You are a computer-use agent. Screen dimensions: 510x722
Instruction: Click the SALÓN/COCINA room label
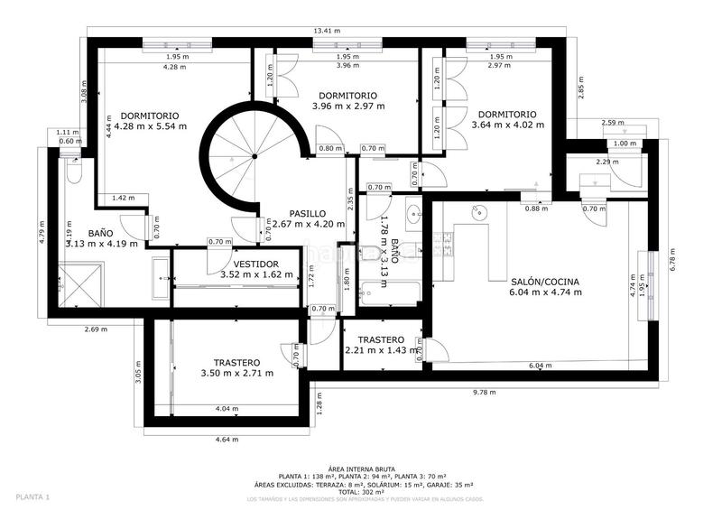click(544, 286)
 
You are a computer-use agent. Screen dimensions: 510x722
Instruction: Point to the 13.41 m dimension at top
click(326, 31)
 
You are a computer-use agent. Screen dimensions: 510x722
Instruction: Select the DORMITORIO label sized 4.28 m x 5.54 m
click(150, 121)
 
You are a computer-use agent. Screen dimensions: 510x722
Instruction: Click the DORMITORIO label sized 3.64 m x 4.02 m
click(507, 119)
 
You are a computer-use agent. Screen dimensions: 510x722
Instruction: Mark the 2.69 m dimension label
click(96, 329)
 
